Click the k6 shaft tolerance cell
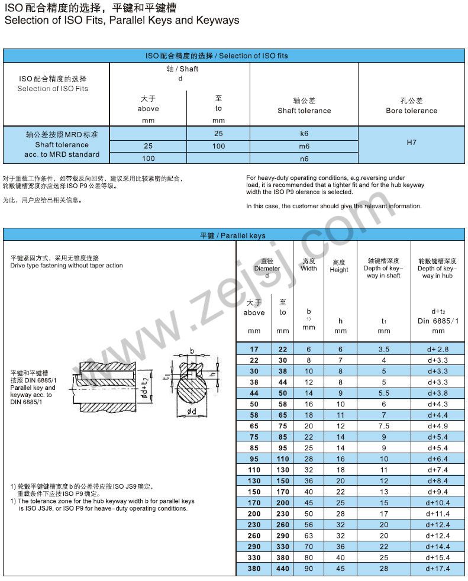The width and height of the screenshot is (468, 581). pos(304,134)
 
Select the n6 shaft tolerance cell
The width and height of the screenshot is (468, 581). pos(304,159)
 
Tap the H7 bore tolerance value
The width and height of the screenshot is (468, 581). pos(412,143)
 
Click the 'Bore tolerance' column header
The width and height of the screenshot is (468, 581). pos(412,111)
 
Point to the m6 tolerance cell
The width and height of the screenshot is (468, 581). pos(304,146)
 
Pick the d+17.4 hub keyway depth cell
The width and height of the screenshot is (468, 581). pos(438,569)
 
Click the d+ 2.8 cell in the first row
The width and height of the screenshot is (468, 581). pos(438,350)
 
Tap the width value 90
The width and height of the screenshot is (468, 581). pos(309,569)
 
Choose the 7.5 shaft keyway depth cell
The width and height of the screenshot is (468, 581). pos(384,426)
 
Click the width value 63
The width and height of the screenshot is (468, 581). pos(309,535)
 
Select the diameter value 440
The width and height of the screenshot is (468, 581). pos(283,569)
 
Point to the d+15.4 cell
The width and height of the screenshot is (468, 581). pos(438,557)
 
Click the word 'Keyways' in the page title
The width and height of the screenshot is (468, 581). pos(218,20)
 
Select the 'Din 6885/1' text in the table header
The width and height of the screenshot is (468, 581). pos(438,321)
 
